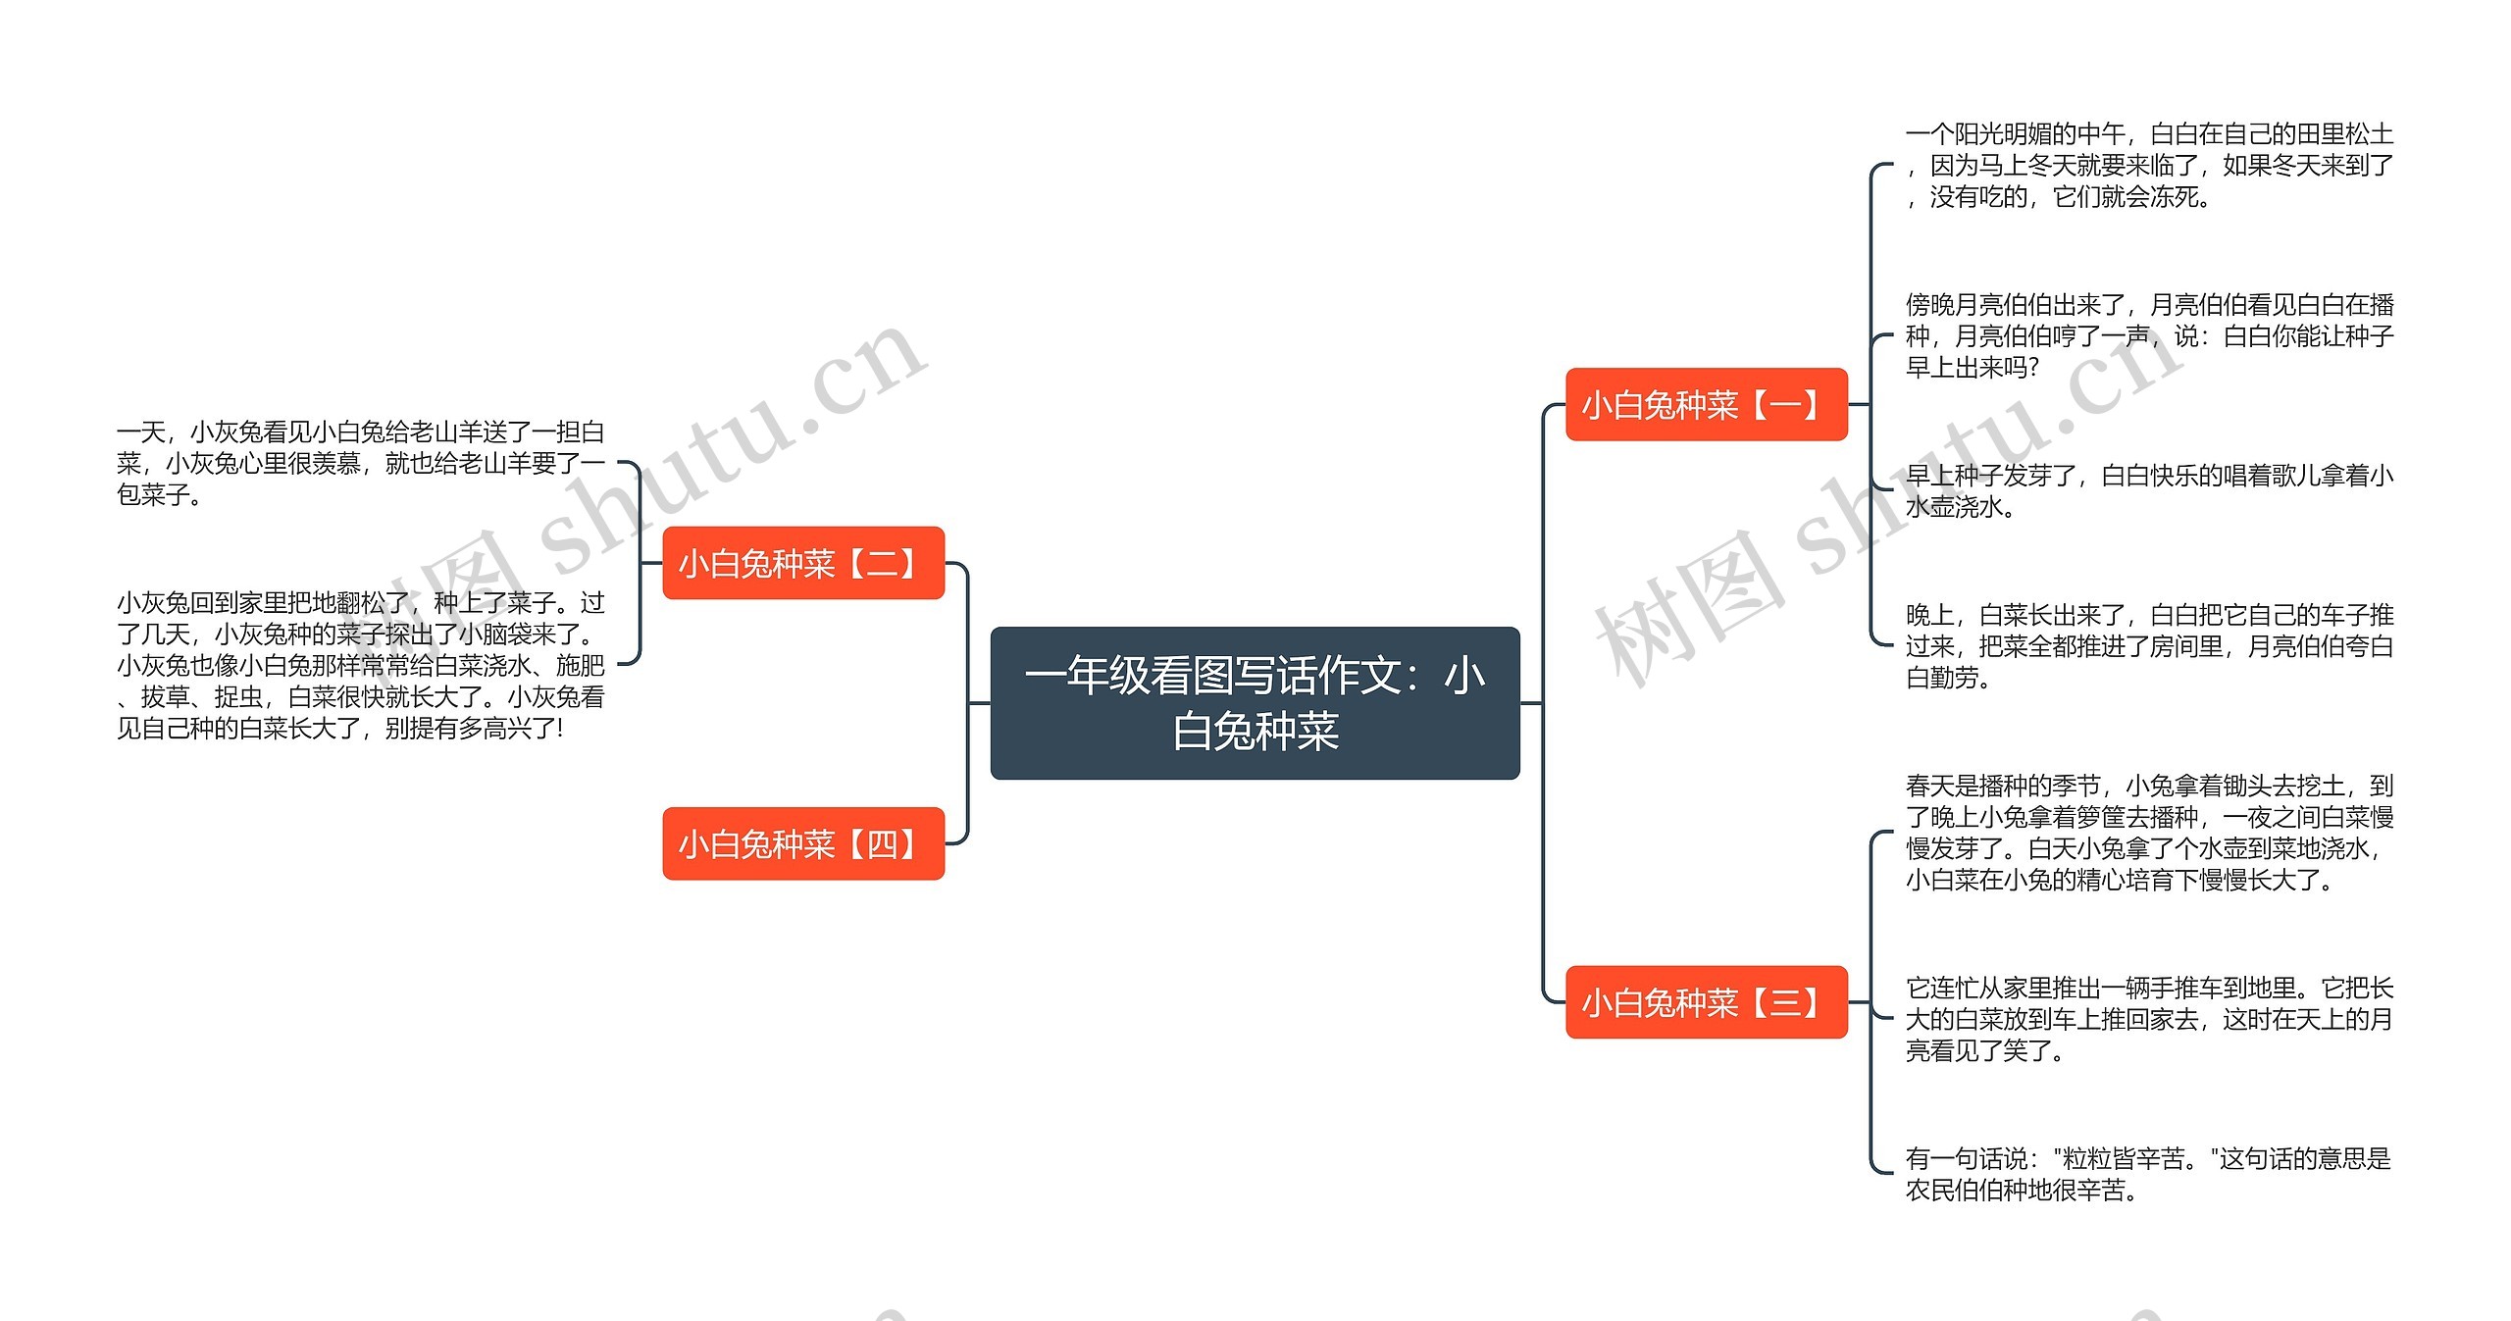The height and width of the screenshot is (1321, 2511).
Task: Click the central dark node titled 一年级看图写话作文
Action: [x=1255, y=702]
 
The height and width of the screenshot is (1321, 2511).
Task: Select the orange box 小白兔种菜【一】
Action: [x=1706, y=404]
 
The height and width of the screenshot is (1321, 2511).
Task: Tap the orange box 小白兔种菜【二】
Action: [x=802, y=563]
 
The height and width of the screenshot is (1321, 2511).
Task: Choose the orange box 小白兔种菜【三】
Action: [x=1706, y=1001]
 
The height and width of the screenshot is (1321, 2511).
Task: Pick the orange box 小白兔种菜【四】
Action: [x=802, y=843]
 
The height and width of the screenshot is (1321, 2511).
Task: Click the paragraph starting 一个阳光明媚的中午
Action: [x=2148, y=166]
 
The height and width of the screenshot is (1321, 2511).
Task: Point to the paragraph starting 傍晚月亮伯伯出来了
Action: [x=2148, y=335]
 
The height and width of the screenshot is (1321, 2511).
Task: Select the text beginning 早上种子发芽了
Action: [x=2148, y=490]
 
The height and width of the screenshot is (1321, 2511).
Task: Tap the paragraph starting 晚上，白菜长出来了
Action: [x=2148, y=645]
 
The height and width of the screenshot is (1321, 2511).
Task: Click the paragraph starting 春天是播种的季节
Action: [x=2148, y=832]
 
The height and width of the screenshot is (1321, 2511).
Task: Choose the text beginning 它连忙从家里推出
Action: [x=2148, y=1018]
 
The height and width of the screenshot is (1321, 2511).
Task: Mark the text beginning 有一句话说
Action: [x=2148, y=1174]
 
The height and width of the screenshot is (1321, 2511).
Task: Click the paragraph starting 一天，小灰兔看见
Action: [x=360, y=463]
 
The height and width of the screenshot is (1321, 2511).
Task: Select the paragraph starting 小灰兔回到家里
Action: [x=360, y=665]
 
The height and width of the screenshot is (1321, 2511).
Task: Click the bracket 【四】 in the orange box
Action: [x=882, y=843]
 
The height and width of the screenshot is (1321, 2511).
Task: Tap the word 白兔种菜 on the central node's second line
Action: [x=1255, y=732]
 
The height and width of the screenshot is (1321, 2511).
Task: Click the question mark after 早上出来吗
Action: [x=2031, y=368]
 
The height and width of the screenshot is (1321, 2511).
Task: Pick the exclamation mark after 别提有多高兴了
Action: [x=560, y=729]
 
